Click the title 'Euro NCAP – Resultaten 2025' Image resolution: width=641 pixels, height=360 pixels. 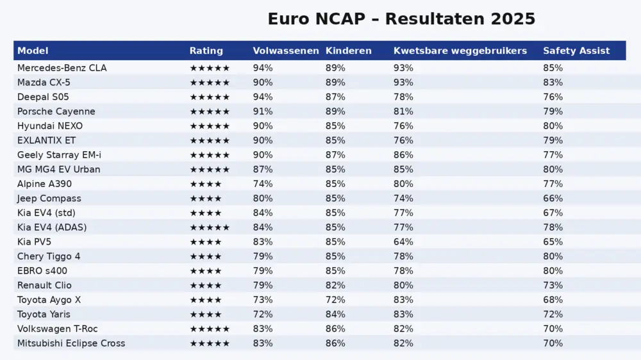click(401, 19)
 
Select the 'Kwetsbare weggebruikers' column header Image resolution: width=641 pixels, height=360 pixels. click(460, 51)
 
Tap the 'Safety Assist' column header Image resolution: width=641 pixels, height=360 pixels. click(576, 51)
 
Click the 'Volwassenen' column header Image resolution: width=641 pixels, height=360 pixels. click(286, 51)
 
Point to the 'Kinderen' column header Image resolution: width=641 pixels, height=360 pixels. click(348, 51)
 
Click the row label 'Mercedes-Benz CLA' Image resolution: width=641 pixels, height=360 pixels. click(62, 68)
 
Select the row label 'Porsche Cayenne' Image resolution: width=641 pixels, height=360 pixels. click(56, 111)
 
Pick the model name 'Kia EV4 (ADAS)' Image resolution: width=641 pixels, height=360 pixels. click(52, 227)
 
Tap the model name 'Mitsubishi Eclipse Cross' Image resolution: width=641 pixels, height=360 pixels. click(71, 343)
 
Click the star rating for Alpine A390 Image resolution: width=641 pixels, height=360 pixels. click(205, 184)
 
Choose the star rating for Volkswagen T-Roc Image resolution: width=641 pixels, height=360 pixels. click(209, 329)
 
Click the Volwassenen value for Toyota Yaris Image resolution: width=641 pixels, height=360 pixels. click(263, 315)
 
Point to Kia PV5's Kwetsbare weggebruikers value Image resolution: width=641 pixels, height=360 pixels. click(403, 242)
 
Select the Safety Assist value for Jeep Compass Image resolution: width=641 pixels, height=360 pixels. click(553, 199)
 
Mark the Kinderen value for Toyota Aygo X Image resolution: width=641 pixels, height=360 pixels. click(335, 300)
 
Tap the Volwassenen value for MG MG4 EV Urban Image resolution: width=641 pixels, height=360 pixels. click(263, 170)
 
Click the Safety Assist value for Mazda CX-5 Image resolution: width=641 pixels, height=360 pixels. click(553, 83)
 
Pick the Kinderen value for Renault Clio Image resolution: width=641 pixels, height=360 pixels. click(335, 285)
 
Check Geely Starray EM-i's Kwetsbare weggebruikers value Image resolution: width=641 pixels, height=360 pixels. click(403, 155)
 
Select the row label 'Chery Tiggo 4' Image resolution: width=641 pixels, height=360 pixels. click(49, 256)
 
